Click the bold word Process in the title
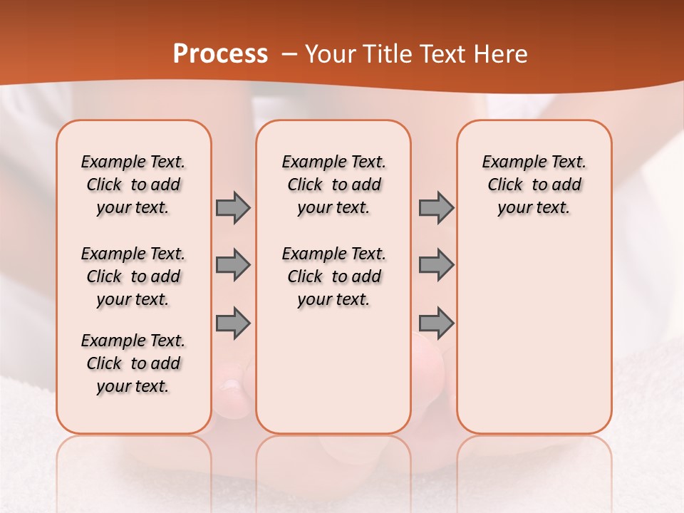click(x=220, y=54)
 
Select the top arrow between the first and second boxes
click(x=233, y=207)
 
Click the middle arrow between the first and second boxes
click(x=233, y=265)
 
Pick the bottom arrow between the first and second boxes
click(x=233, y=323)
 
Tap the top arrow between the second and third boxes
click(x=436, y=207)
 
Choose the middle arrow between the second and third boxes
click(x=436, y=265)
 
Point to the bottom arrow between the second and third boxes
click(x=436, y=323)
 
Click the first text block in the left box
click(x=133, y=185)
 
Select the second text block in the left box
click(x=133, y=276)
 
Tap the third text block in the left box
click(x=133, y=363)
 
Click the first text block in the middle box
click(x=333, y=185)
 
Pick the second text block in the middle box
click(x=333, y=276)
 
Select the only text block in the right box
click(x=534, y=185)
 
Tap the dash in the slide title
click(x=289, y=54)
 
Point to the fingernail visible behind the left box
click(x=231, y=385)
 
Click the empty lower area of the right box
click(x=534, y=342)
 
